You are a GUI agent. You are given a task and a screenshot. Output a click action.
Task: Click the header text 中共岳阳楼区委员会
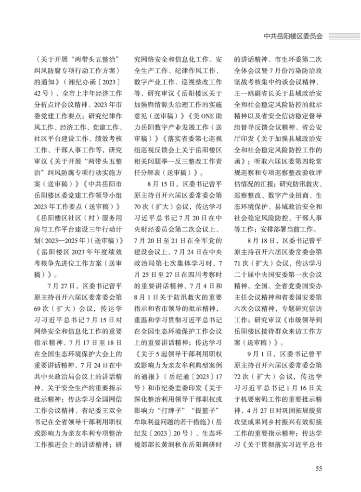pos(293,36)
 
